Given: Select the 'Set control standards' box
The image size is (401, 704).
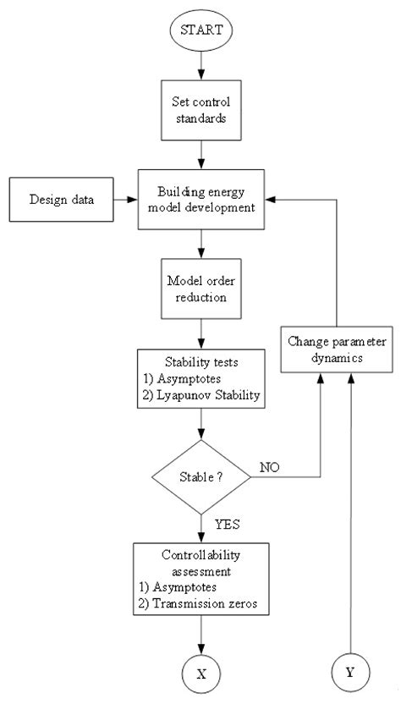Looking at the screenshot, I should pyautogui.click(x=200, y=110).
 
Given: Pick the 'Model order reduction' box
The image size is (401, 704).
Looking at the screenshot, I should pyautogui.click(x=200, y=289).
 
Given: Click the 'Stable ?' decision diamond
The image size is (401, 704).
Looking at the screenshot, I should pyautogui.click(x=200, y=476).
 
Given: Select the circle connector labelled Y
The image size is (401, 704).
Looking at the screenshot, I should pyautogui.click(x=350, y=673).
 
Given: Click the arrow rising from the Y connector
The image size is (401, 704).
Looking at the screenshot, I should pyautogui.click(x=350, y=508).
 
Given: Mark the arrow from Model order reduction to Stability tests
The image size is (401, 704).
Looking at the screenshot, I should pyautogui.click(x=200, y=331).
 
